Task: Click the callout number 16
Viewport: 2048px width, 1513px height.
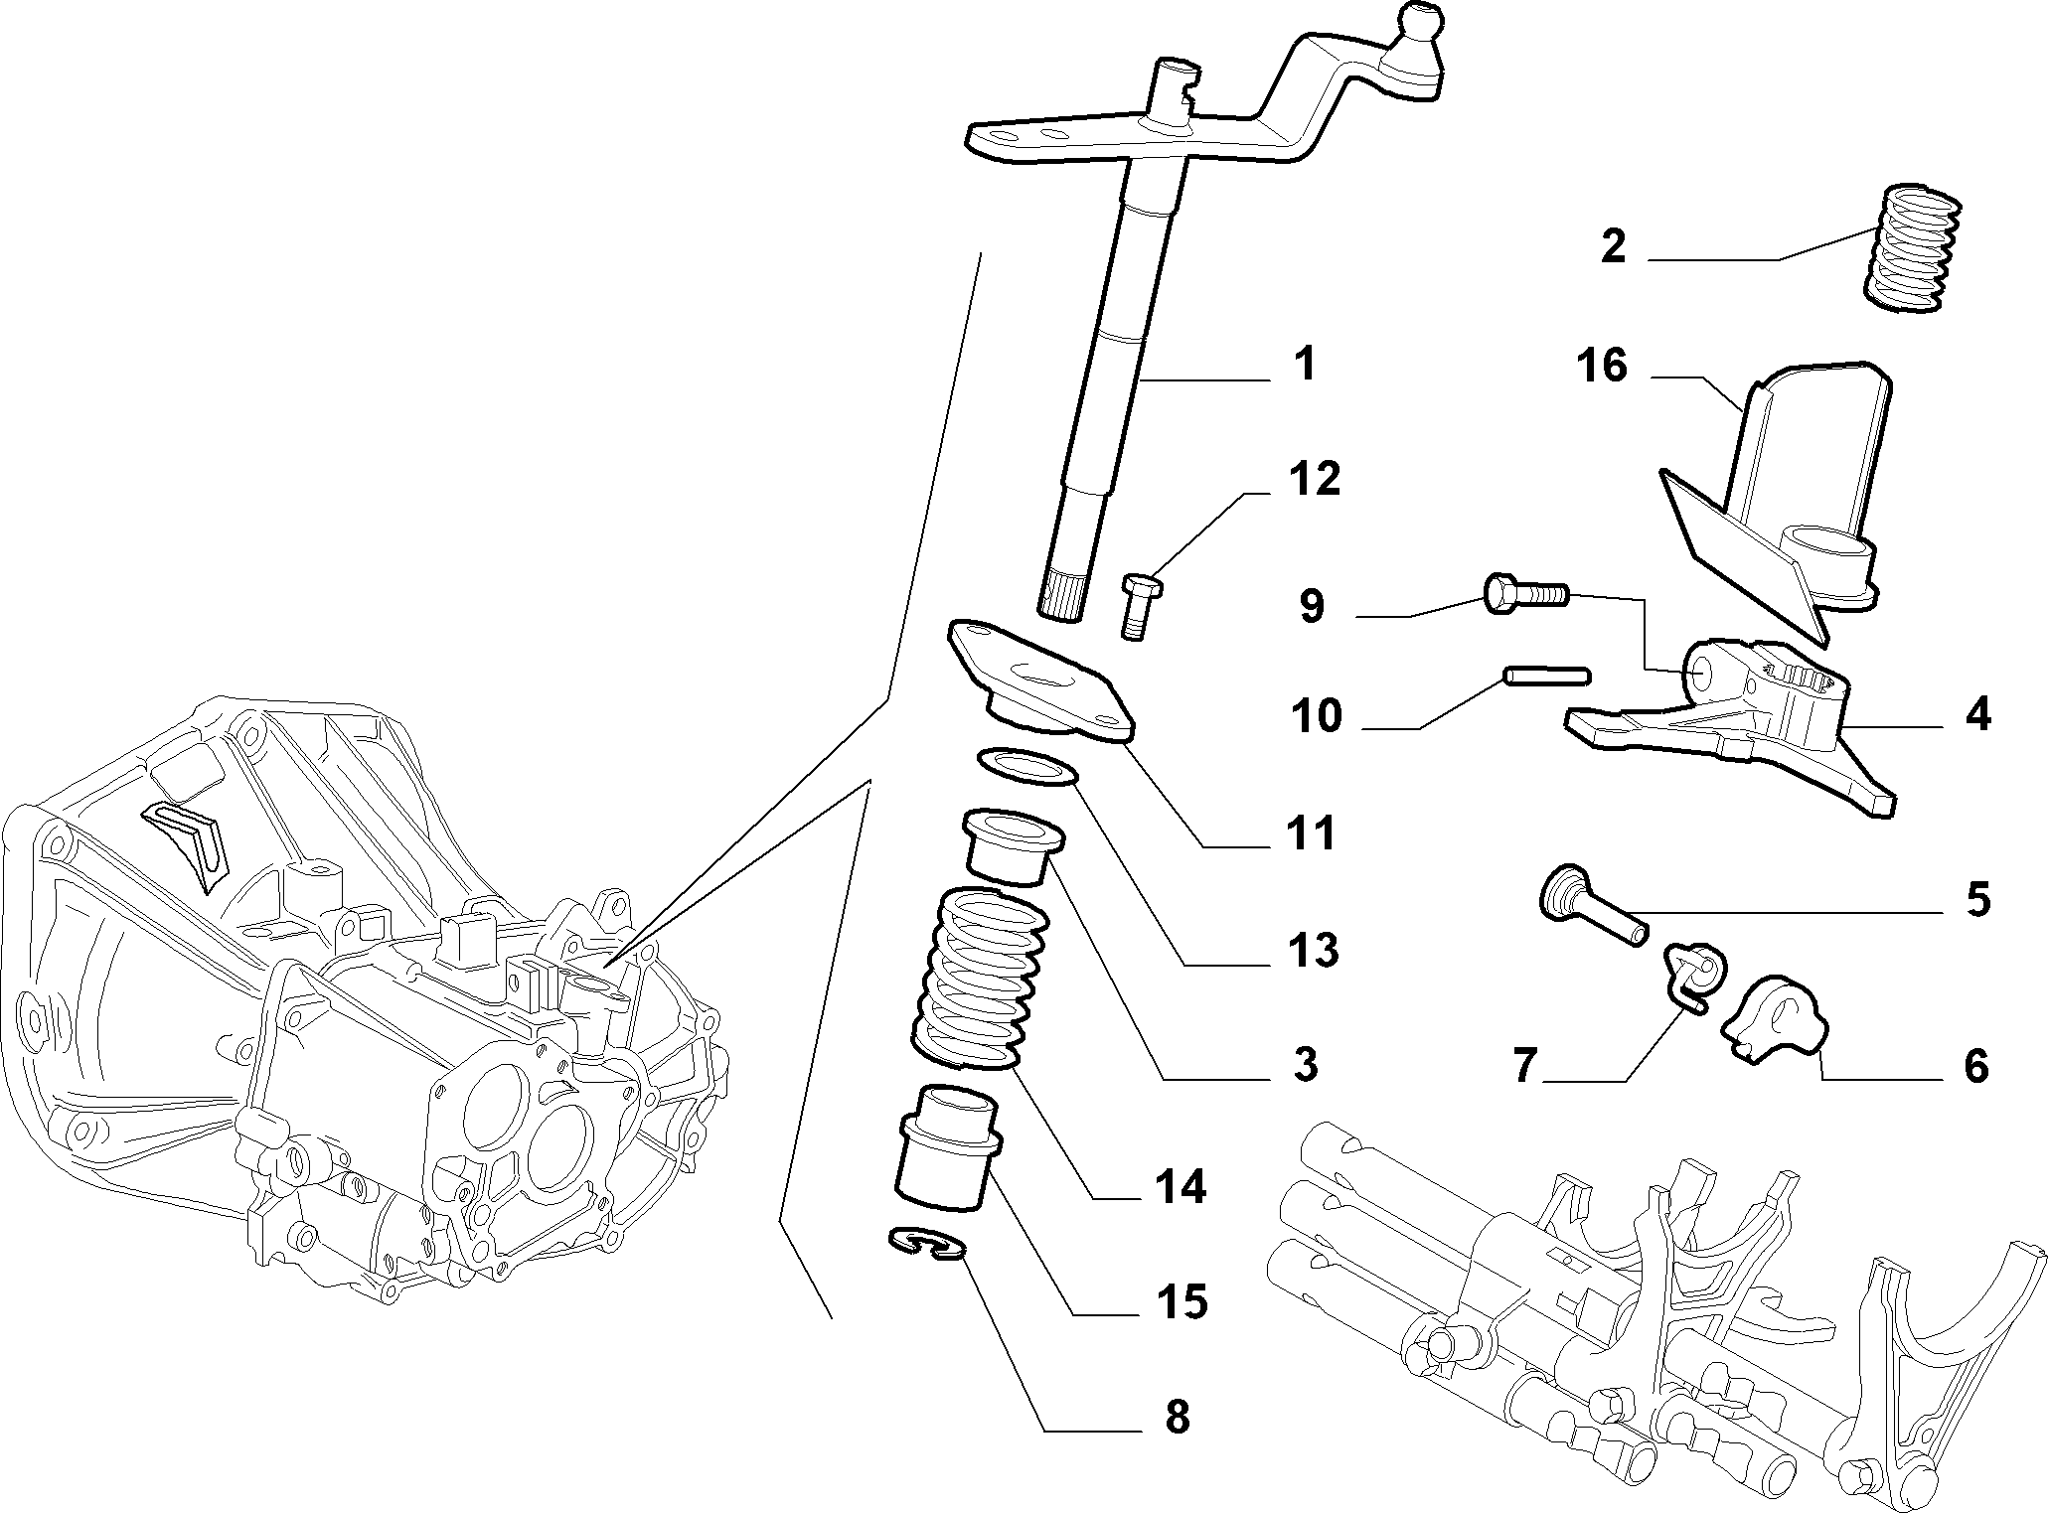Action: pos(1601,367)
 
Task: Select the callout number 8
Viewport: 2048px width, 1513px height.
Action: pos(1177,1417)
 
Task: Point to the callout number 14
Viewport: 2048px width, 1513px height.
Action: pos(1179,1186)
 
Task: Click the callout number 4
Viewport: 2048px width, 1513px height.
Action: pos(1977,714)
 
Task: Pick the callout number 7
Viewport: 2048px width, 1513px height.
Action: pos(1525,1067)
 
